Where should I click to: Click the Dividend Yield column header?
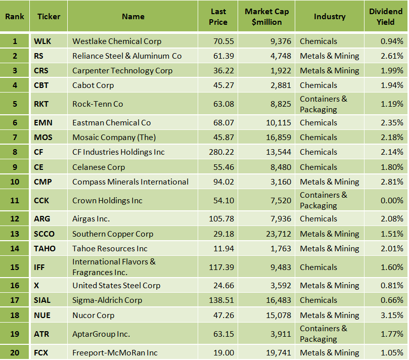[x=386, y=17]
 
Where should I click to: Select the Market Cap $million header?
[x=266, y=17]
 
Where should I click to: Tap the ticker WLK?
[x=42, y=41]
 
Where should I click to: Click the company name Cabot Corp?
[x=93, y=85]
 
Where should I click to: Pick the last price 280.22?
[x=221, y=152]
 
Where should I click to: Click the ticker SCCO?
[x=44, y=234]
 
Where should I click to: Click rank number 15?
[x=15, y=267]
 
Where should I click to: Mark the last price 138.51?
[x=221, y=300]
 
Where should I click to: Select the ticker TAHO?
[x=44, y=249]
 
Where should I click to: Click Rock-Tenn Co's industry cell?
[x=323, y=104]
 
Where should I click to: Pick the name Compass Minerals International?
[x=130, y=182]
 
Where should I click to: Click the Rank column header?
[x=15, y=17]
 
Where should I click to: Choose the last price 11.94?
[x=224, y=249]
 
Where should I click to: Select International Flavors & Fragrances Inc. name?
[x=114, y=267]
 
